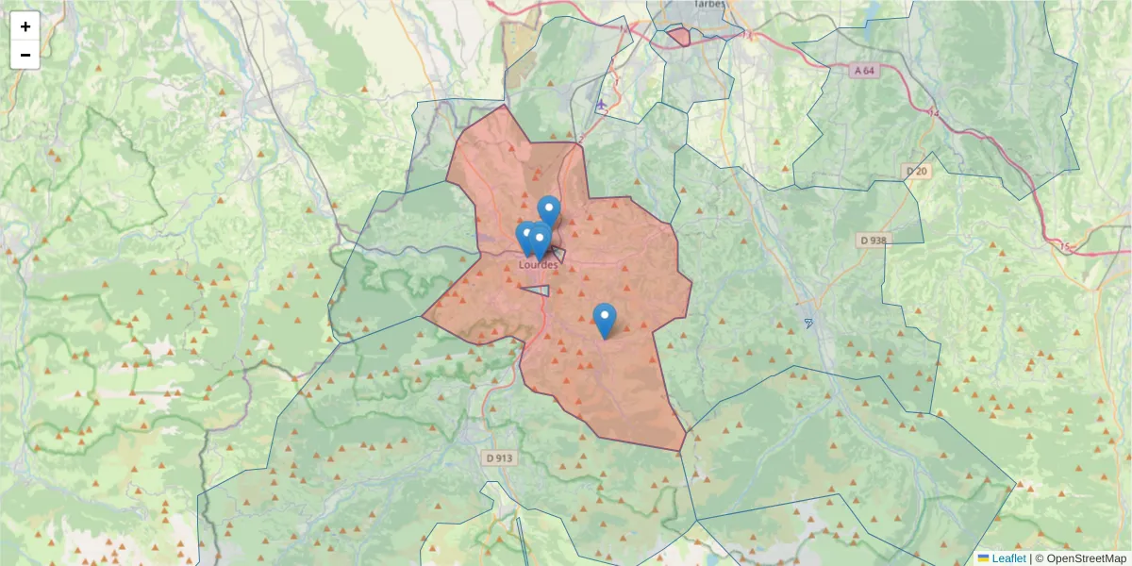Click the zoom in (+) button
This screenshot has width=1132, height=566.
tap(25, 26)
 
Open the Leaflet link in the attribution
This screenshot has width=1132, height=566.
tap(1008, 558)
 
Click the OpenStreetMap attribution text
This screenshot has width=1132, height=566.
tap(1087, 558)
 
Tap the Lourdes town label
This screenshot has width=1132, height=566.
tap(539, 265)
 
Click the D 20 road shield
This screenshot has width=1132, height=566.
tap(916, 171)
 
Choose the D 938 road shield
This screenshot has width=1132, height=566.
tap(874, 240)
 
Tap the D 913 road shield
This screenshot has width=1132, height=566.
tap(499, 458)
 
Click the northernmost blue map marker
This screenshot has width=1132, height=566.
tap(549, 210)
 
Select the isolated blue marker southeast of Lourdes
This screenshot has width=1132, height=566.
tap(605, 319)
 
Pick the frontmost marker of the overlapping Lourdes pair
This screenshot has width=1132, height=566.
tap(540, 241)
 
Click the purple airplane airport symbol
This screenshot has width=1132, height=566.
tap(601, 104)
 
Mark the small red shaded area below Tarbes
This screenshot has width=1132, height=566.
tap(678, 38)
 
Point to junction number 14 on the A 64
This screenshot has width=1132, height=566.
tap(935, 113)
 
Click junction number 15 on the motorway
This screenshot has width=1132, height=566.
tap(1067, 246)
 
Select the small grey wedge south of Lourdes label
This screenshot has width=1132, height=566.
tap(537, 290)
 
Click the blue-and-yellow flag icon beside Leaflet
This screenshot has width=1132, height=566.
tap(984, 558)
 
